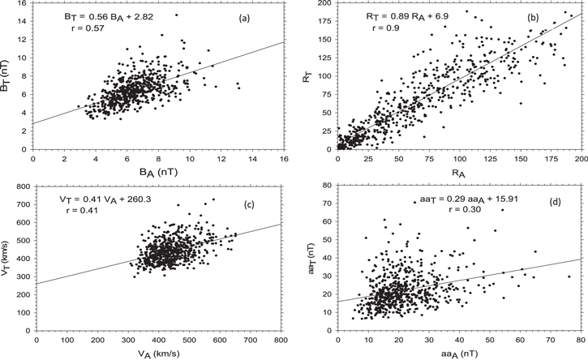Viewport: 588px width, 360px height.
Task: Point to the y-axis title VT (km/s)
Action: tap(9, 261)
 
